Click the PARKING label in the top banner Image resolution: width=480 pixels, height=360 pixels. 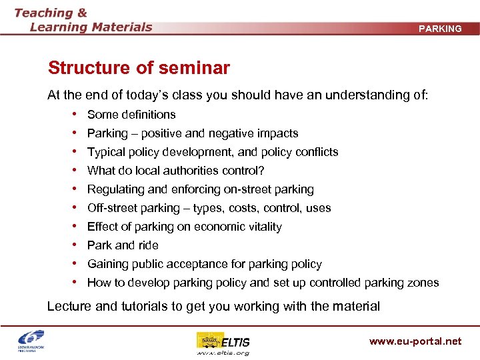tap(440, 29)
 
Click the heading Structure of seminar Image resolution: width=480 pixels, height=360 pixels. tap(139, 68)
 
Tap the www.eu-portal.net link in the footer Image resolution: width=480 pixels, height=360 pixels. tap(415, 341)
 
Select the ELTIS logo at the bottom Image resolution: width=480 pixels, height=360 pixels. tap(223, 342)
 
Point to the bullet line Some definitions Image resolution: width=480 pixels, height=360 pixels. tap(131, 115)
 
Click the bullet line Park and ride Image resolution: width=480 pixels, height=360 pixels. tap(123, 245)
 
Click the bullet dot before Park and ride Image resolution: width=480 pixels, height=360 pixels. tap(78, 245)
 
